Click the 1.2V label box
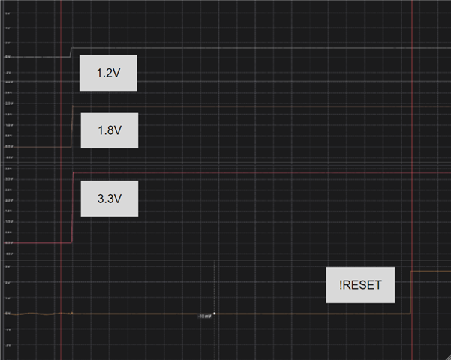(x=109, y=73)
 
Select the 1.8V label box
(x=109, y=130)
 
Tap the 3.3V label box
(x=109, y=199)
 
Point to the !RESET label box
(x=360, y=285)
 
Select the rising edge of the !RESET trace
(x=410, y=292)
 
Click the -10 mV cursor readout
(x=203, y=316)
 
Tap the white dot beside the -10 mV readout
(x=215, y=313)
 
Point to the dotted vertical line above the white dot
(x=215, y=285)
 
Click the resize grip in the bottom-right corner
(x=448, y=357)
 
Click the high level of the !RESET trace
(x=431, y=271)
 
